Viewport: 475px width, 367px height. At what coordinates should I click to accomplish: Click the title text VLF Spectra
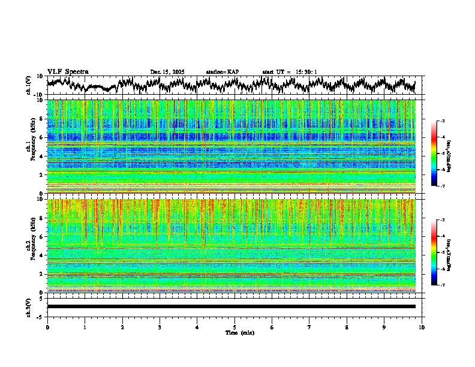(x=68, y=71)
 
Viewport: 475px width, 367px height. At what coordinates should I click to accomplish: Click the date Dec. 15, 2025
(x=167, y=72)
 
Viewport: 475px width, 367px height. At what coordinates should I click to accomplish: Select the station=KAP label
(x=223, y=72)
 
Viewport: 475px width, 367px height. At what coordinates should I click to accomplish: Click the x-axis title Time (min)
(x=239, y=332)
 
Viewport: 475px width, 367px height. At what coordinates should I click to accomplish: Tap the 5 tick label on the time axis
(x=235, y=327)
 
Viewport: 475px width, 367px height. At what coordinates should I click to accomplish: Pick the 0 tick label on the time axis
(x=47, y=327)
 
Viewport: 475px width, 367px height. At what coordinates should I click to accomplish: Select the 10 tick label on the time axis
(x=422, y=327)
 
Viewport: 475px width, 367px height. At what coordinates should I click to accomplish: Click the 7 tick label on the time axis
(x=309, y=327)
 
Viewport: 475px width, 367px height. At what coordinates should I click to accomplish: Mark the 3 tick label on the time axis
(x=160, y=327)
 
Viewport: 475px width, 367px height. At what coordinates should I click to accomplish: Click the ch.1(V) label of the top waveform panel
(x=29, y=85)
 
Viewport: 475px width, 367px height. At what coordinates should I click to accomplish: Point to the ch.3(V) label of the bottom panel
(x=29, y=306)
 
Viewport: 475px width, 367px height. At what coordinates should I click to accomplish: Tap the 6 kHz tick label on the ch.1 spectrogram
(x=42, y=137)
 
